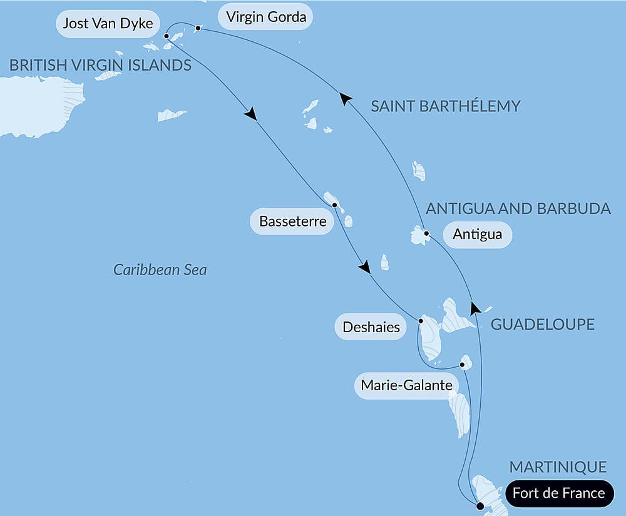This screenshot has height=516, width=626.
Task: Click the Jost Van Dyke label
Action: [108, 24]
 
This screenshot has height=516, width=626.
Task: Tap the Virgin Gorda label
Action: [266, 17]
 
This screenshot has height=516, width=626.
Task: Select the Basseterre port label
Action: [292, 221]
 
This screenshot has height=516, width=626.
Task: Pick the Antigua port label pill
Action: [477, 235]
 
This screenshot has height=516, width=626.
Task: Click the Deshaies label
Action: [371, 326]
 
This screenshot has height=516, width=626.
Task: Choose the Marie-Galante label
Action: [406, 385]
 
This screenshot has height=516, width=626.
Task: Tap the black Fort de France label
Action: [558, 493]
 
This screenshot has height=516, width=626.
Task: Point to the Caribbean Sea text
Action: [160, 270]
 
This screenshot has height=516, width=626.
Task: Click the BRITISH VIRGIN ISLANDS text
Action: [100, 65]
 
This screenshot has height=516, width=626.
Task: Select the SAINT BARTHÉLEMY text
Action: [445, 106]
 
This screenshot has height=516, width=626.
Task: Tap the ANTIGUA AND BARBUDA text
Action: [518, 209]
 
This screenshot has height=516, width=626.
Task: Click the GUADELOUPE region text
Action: [542, 325]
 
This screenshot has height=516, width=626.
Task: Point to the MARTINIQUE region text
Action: [558, 467]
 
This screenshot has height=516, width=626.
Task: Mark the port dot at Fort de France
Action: [480, 505]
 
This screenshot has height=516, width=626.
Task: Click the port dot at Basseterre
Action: [335, 205]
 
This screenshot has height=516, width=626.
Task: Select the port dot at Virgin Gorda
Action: [198, 28]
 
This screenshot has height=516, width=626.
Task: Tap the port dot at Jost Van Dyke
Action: [167, 36]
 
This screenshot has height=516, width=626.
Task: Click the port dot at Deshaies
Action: [421, 321]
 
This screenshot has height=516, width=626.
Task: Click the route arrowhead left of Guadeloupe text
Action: [476, 307]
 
